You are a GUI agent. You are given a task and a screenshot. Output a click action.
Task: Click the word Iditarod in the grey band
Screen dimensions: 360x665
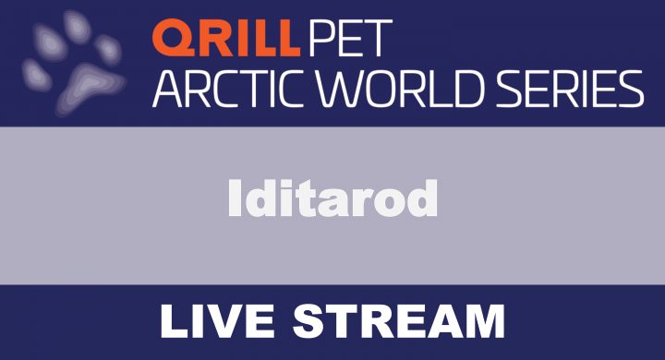point(332,197)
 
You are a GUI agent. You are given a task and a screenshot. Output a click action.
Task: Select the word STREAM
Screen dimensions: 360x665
point(397,322)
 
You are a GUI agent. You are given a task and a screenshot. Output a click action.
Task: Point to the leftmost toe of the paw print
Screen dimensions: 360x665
point(35,72)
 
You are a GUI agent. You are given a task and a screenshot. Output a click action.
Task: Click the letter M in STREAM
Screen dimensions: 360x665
point(480,322)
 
